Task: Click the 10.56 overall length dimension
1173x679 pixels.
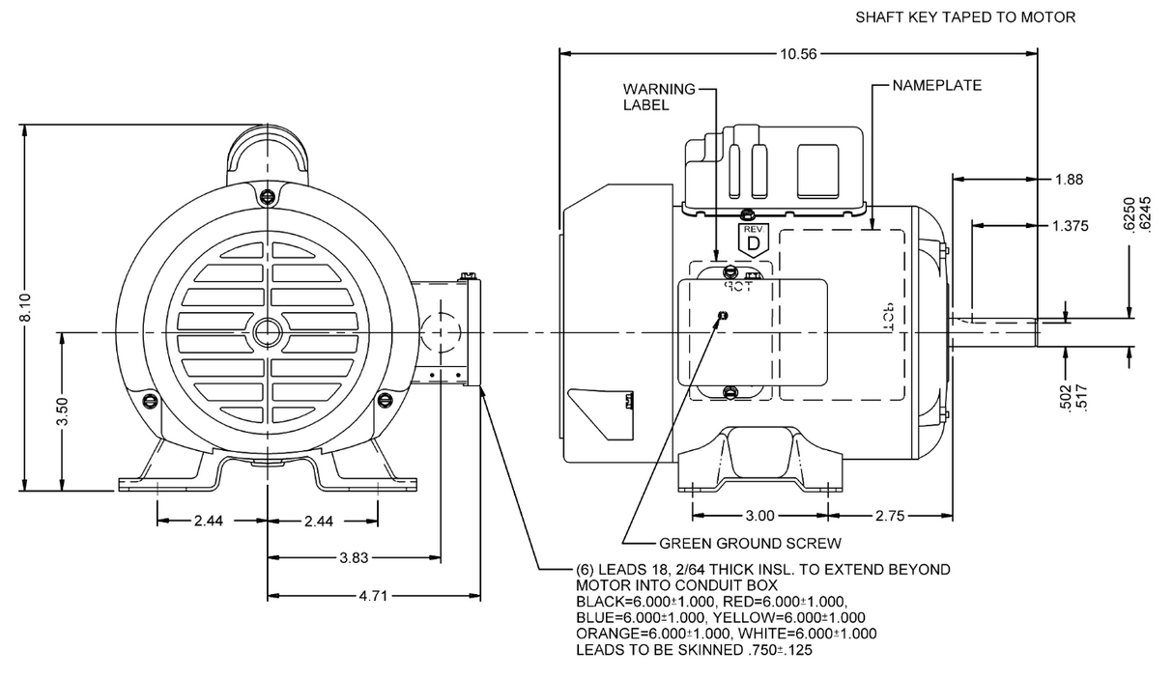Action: coord(798,54)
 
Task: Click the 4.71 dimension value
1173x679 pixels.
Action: coord(375,596)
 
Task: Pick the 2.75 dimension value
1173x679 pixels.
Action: coord(891,516)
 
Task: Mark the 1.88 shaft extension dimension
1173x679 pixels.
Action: coord(1070,179)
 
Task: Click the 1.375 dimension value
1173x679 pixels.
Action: coord(1070,226)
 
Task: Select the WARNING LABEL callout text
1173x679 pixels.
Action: coord(658,97)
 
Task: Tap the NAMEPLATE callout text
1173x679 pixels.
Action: coord(936,85)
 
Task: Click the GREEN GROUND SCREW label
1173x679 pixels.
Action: coord(750,543)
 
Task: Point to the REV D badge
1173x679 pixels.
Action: coord(753,240)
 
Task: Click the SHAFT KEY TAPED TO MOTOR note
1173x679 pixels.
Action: coord(965,17)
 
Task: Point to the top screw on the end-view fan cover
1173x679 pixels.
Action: coord(267,196)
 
